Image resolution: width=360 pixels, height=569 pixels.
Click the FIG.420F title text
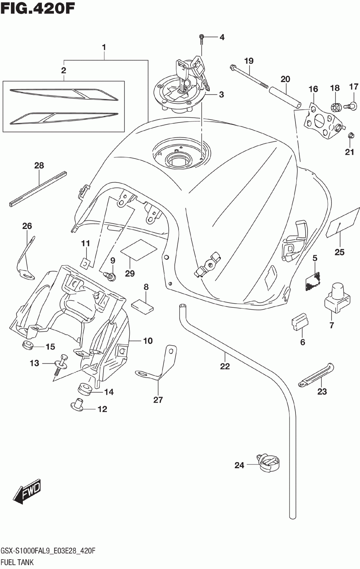click(x=37, y=9)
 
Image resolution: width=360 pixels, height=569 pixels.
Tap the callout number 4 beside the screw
click(x=222, y=37)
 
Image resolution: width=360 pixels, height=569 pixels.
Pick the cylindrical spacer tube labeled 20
click(x=285, y=97)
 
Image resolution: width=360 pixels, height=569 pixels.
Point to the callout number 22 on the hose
click(x=225, y=366)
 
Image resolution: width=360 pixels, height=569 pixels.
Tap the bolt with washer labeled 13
click(x=61, y=365)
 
